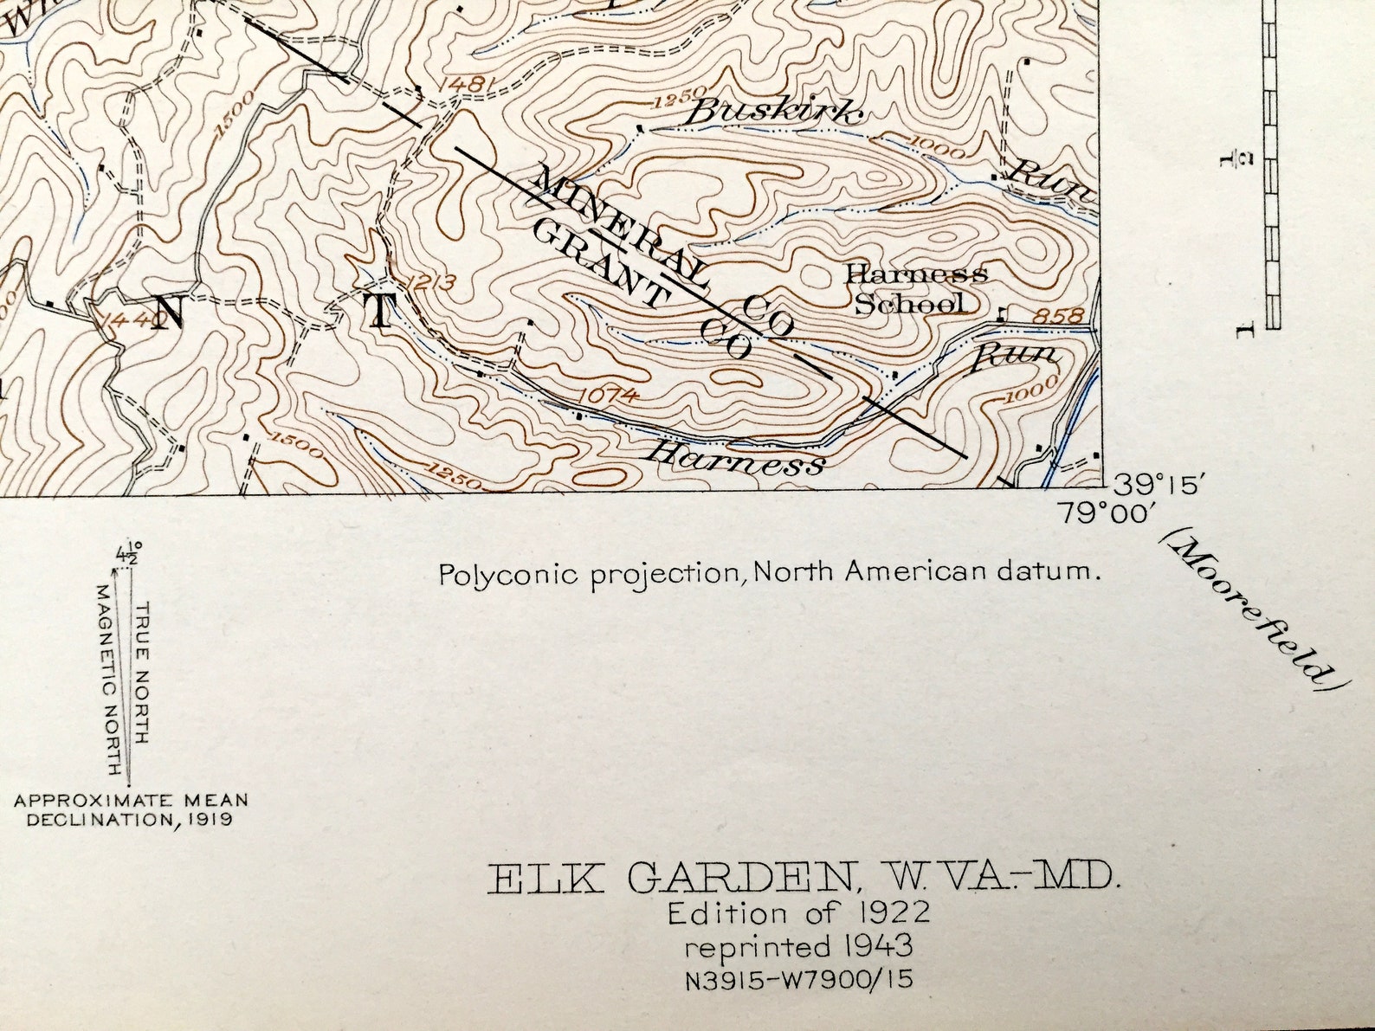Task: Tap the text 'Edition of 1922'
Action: pos(798,912)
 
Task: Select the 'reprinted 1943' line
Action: pos(798,946)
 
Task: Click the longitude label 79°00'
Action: pos(1107,513)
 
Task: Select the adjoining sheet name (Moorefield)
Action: pos(1252,610)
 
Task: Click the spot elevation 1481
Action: pos(468,85)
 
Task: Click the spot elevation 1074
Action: pos(610,396)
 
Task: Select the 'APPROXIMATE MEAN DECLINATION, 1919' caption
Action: pos(131,809)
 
